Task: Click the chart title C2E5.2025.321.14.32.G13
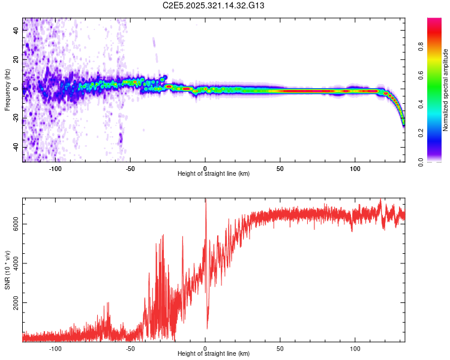[x=214, y=5]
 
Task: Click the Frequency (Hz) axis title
[x=7, y=89]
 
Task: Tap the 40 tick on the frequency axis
[x=16, y=31]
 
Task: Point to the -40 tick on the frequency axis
[x=16, y=147]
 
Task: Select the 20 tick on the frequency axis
[x=16, y=59]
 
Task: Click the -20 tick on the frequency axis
[x=16, y=118]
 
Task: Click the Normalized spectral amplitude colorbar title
[x=446, y=89]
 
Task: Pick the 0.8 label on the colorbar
[x=422, y=46]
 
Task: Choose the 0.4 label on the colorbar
[x=422, y=104]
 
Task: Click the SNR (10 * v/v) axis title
[x=7, y=270]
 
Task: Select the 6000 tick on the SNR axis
[x=16, y=223]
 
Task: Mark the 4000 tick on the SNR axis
[x=16, y=263]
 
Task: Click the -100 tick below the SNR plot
[x=56, y=349]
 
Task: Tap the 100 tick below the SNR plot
[x=355, y=349]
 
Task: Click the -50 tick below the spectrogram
[x=130, y=169]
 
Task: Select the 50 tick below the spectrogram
[x=280, y=169]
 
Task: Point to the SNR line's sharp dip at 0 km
[x=207, y=328]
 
